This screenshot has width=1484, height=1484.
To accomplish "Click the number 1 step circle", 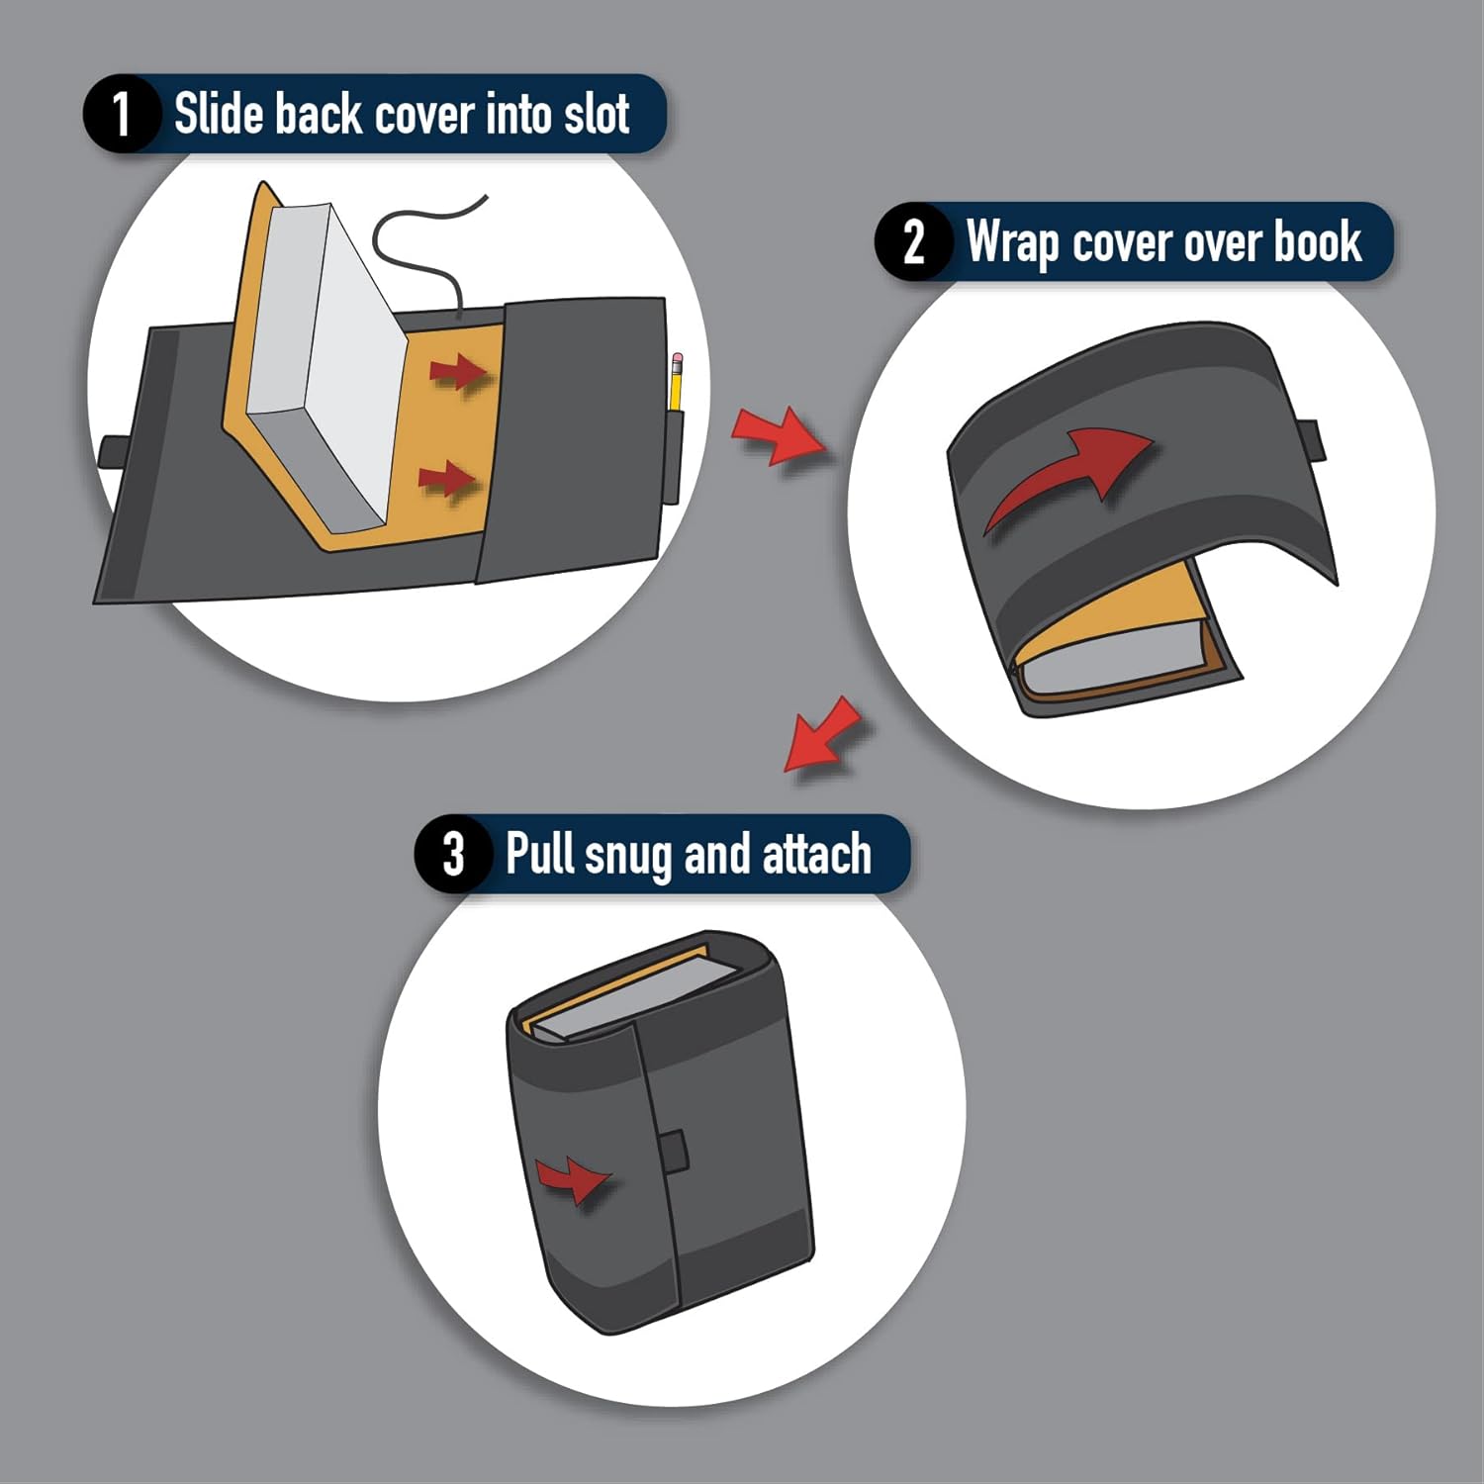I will point(121,114).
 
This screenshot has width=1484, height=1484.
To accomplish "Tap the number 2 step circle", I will point(913,241).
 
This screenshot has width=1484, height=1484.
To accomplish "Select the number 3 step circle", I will point(453,853).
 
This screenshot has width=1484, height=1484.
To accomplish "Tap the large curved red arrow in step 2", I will point(1068,475).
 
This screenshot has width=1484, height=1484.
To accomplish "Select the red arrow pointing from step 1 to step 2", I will point(780,435).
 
